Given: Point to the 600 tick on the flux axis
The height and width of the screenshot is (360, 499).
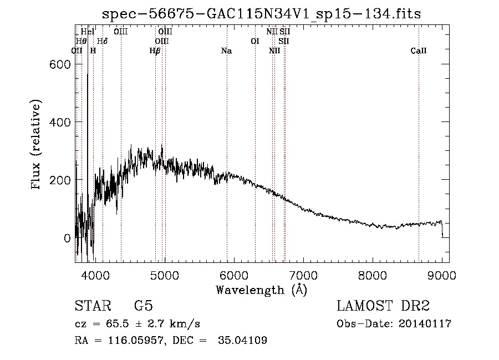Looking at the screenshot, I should coord(57,64).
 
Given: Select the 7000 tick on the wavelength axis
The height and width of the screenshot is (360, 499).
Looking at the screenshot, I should coord(303,274).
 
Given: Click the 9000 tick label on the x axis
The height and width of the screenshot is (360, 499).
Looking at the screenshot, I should coord(442,274).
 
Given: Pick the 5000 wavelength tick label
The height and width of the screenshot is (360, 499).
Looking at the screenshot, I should coord(164,274).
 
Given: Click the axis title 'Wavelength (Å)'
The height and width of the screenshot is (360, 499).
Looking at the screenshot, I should coord(261,290).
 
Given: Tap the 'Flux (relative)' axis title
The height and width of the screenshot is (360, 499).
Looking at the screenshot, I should coord(37,146).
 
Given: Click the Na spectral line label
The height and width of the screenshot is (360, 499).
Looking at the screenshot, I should coord(226,51).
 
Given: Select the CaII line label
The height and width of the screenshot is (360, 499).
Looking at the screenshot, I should coord(419,51).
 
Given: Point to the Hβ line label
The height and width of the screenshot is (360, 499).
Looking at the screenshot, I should coord(155,51).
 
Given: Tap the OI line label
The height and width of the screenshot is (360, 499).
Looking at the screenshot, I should coord(255,41).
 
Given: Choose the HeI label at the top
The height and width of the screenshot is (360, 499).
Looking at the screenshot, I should coord(88,32).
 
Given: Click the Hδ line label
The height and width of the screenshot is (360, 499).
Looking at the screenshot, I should coord(102,41).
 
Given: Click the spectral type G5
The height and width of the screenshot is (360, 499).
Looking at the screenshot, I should coord(143,306).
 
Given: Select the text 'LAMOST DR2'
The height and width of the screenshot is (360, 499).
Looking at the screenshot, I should coord(383,306).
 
